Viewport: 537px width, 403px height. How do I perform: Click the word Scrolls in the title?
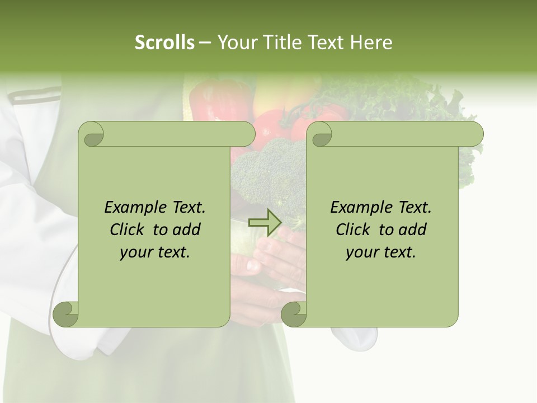point(164,43)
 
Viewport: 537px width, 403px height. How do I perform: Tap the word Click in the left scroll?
point(129,229)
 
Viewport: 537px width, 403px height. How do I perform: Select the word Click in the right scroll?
point(355,229)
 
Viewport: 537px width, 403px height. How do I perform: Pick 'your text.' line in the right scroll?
point(381,252)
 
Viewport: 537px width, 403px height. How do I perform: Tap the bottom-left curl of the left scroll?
point(66,313)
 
